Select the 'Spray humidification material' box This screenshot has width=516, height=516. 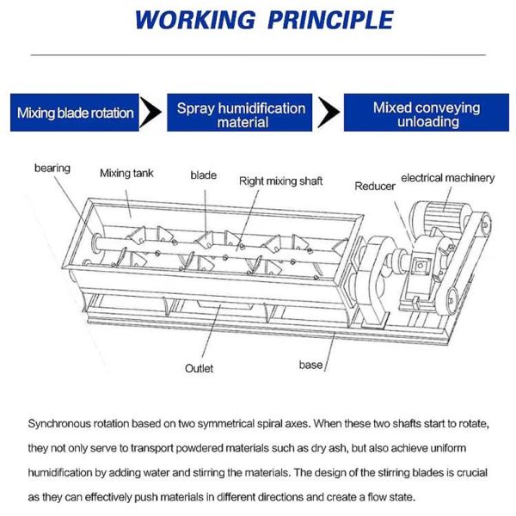click(x=241, y=114)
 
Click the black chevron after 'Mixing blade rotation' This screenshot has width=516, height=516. click(x=151, y=113)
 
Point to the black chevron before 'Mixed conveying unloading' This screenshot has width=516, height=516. click(x=328, y=113)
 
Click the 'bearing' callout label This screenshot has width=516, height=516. click(x=52, y=167)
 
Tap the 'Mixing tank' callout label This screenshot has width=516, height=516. click(x=127, y=173)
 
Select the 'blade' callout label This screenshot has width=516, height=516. click(x=203, y=175)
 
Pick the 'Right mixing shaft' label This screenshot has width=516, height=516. click(x=280, y=181)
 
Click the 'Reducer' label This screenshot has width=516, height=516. click(x=375, y=186)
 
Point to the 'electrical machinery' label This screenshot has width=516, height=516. click(x=448, y=178)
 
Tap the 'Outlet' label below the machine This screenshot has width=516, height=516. click(x=199, y=368)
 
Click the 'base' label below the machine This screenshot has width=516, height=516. click(x=310, y=365)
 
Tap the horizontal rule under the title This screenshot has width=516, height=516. click(x=258, y=55)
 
